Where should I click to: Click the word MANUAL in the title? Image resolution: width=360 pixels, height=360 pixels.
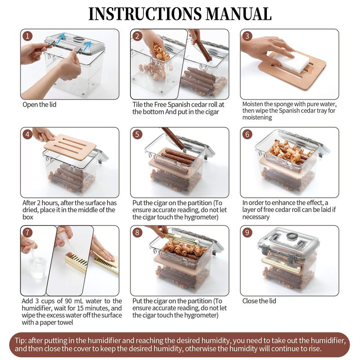tap(238, 14)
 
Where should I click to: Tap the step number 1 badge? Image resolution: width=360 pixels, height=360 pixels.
tap(27, 36)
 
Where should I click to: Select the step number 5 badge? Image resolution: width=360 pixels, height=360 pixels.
tap(137, 134)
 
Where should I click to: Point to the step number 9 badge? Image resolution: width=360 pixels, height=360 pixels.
tap(247, 232)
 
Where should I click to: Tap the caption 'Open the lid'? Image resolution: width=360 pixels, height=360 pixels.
tap(40, 105)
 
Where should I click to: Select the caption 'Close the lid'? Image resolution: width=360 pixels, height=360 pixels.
tap(259, 301)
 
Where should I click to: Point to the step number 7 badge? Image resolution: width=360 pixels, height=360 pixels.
tap(27, 232)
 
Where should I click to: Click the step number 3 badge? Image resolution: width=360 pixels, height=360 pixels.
tap(247, 36)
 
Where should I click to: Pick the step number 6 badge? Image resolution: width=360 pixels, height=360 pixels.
tap(247, 134)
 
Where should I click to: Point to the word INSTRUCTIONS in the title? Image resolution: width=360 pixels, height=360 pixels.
tap(145, 14)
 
